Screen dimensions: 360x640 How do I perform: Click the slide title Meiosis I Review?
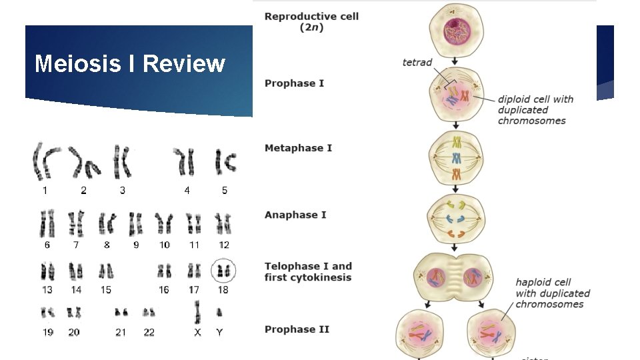tap(130, 64)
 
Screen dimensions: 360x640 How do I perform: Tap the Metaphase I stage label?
tap(298, 147)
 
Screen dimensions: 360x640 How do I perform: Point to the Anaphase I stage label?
tap(295, 215)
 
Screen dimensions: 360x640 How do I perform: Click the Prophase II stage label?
tap(297, 329)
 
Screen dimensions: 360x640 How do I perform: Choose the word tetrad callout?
tap(417, 63)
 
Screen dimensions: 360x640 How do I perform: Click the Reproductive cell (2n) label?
tap(311, 22)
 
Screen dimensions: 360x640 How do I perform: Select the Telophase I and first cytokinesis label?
tap(308, 271)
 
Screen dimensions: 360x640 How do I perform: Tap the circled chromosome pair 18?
tap(223, 271)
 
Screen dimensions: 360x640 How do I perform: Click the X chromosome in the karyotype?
tap(197, 312)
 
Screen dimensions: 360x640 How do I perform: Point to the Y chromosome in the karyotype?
tap(219, 312)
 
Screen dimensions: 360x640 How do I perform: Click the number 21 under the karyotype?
tap(121, 332)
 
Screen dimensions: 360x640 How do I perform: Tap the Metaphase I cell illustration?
tap(457, 158)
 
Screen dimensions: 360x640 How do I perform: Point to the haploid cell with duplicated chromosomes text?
tap(553, 293)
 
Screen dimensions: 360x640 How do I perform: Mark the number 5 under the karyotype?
tap(225, 191)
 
